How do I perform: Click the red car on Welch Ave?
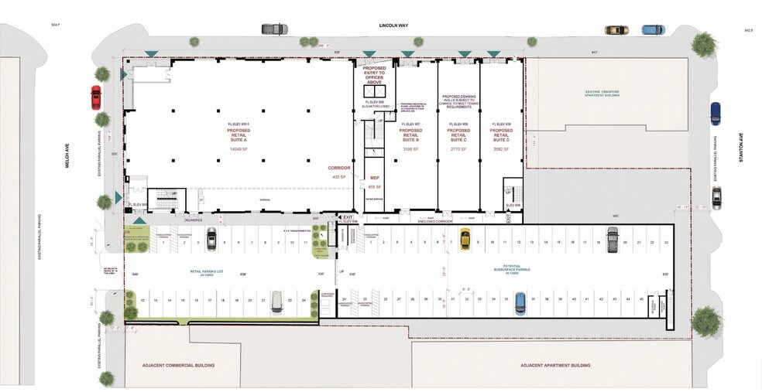click(95, 97)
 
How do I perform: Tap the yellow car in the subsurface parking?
click(465, 238)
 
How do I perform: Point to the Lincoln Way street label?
click(393, 26)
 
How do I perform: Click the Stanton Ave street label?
click(741, 146)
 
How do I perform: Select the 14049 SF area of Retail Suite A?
click(238, 148)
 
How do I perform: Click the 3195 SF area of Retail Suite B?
click(410, 148)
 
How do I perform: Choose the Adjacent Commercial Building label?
click(179, 364)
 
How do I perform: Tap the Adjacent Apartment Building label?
click(555, 365)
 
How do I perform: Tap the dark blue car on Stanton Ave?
click(716, 114)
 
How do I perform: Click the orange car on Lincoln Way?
click(616, 30)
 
